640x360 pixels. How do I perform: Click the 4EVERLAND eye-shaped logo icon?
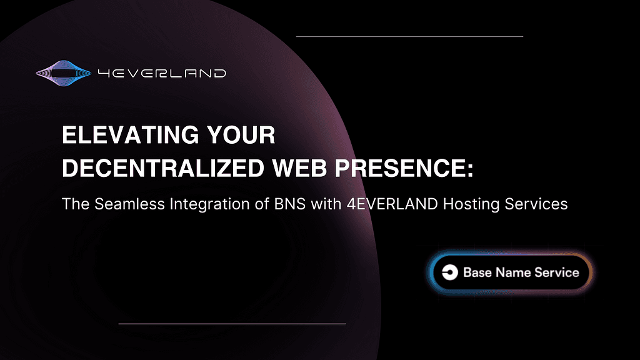pyautogui.click(x=63, y=73)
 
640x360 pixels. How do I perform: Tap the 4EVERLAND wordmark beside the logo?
pyautogui.click(x=162, y=74)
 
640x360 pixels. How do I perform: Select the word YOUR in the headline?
pyautogui.click(x=241, y=135)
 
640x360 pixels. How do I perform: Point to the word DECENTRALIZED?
pyautogui.click(x=163, y=168)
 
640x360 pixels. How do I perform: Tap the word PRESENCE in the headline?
pyautogui.click(x=399, y=168)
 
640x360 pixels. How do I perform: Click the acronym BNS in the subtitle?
pyautogui.click(x=290, y=204)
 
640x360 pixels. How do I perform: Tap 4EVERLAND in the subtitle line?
pyautogui.click(x=392, y=204)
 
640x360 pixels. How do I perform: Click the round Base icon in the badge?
pyautogui.click(x=450, y=272)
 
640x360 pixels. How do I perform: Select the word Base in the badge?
pyautogui.click(x=477, y=272)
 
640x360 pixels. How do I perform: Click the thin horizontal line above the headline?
pyautogui.click(x=409, y=36)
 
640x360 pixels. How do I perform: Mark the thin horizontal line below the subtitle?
pyautogui.click(x=232, y=324)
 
